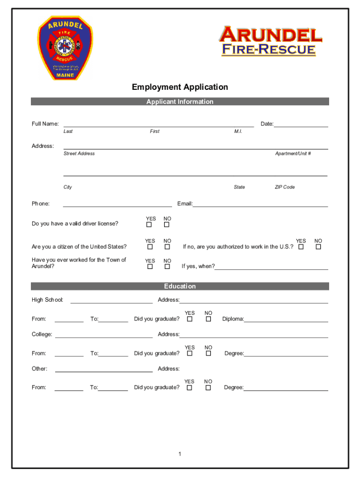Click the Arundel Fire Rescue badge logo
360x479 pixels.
tap(65, 48)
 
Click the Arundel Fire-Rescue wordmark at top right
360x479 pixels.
tap(271, 41)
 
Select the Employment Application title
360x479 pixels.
tap(180, 87)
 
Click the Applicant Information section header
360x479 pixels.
tap(180, 102)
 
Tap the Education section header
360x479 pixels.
tap(180, 286)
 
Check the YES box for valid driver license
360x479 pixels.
tap(150, 225)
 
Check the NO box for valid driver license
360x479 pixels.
tap(167, 225)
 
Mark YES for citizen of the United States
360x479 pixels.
tap(150, 247)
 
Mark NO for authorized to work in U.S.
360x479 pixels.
tap(318, 247)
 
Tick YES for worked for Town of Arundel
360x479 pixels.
tap(150, 267)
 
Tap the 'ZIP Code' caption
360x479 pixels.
tap(284, 187)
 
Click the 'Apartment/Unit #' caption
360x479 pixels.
tap(293, 153)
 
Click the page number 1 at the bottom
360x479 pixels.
tap(180, 454)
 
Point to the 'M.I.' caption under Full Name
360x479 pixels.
tap(238, 131)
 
